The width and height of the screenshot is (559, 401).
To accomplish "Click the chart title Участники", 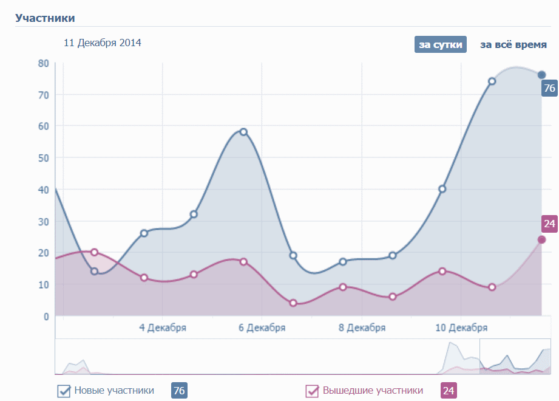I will click(x=45, y=18).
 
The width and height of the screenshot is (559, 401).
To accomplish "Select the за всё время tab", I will click(x=513, y=45).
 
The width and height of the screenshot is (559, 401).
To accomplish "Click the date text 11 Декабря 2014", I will click(x=103, y=43).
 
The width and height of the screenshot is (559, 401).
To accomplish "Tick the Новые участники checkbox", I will click(x=64, y=391).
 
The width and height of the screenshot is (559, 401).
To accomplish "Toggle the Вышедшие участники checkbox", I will click(x=312, y=391).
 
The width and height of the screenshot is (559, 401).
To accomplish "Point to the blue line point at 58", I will click(x=243, y=132).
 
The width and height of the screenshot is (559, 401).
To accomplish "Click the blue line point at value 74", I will click(x=492, y=81).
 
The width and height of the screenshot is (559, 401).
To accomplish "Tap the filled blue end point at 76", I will click(x=542, y=75).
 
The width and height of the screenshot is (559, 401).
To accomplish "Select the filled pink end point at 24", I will click(x=542, y=239).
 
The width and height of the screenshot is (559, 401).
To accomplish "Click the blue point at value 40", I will click(x=442, y=189).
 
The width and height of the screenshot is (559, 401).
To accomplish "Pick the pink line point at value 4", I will click(x=293, y=303).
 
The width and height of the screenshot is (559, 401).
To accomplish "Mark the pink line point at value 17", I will click(x=243, y=262).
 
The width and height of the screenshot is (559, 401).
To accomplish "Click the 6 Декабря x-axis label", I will click(x=262, y=328).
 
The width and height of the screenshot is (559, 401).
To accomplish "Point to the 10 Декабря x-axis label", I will click(x=461, y=328).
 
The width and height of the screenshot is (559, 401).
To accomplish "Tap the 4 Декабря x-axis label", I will click(x=163, y=328).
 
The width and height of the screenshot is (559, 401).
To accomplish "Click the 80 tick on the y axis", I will click(x=43, y=63).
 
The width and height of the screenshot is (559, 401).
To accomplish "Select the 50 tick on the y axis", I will click(x=43, y=158).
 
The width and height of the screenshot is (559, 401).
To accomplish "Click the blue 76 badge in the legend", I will click(x=179, y=391).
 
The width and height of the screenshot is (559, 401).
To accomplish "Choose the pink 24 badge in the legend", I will click(x=448, y=391).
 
